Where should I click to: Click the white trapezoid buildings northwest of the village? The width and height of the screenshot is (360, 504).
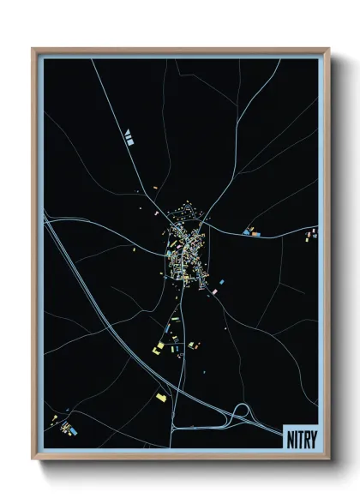129,135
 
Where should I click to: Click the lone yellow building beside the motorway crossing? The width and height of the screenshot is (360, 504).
161,397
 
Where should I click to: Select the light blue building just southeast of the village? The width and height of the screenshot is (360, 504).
221,281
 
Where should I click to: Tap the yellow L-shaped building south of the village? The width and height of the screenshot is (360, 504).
159,347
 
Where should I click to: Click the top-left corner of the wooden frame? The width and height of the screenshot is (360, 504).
33,49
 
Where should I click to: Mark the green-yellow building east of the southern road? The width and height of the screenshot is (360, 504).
193,345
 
